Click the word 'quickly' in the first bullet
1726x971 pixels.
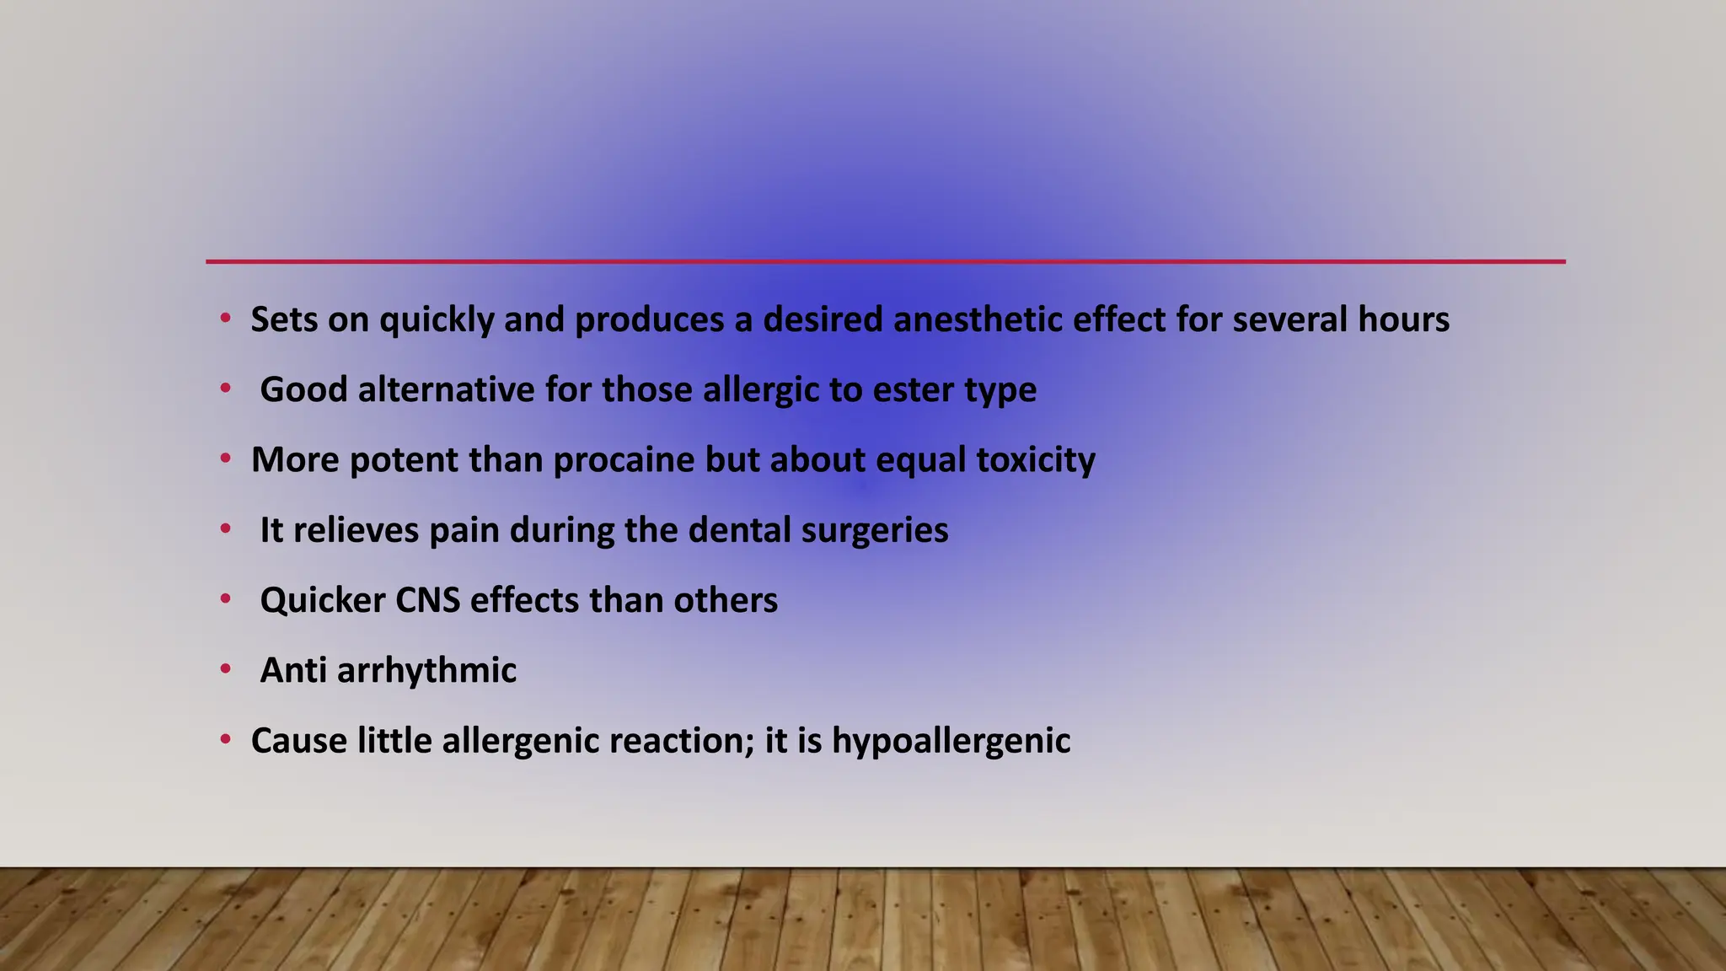pos(436,320)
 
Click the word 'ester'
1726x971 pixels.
pos(913,390)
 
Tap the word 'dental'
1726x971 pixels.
pos(739,530)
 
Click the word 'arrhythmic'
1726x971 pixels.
pos(426,671)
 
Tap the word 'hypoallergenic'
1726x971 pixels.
pos(951,741)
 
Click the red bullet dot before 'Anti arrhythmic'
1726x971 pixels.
pos(225,670)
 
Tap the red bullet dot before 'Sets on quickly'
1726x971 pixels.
pos(225,319)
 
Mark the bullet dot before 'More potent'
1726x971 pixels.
pos(225,459)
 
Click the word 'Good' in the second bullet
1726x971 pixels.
pos(303,390)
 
